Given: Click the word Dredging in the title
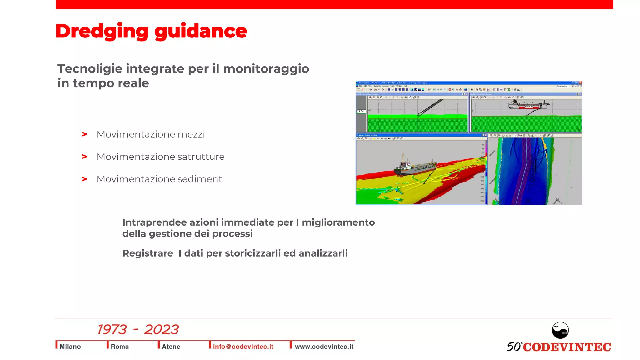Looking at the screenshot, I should pyautogui.click(x=102, y=32).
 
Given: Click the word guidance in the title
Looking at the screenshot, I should pyautogui.click(x=201, y=32).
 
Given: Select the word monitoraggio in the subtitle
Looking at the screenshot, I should pyautogui.click(x=266, y=69).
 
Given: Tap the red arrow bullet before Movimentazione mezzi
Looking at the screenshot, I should pyautogui.click(x=84, y=134).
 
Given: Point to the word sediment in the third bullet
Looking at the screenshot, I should pyautogui.click(x=200, y=179).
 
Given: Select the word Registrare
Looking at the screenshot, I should pyautogui.click(x=147, y=253).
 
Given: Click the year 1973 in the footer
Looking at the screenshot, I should pyautogui.click(x=112, y=330).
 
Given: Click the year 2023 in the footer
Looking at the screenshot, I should pyautogui.click(x=161, y=330).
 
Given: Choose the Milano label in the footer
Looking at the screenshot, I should pyautogui.click(x=70, y=347).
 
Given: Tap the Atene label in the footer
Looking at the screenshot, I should pyautogui.click(x=171, y=347).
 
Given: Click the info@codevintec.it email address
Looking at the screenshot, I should pyautogui.click(x=243, y=347).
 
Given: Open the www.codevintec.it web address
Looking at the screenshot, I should pyautogui.click(x=324, y=347).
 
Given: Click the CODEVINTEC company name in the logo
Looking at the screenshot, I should pyautogui.click(x=567, y=347).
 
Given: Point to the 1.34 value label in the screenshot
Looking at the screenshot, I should pyautogui.click(x=361, y=111).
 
